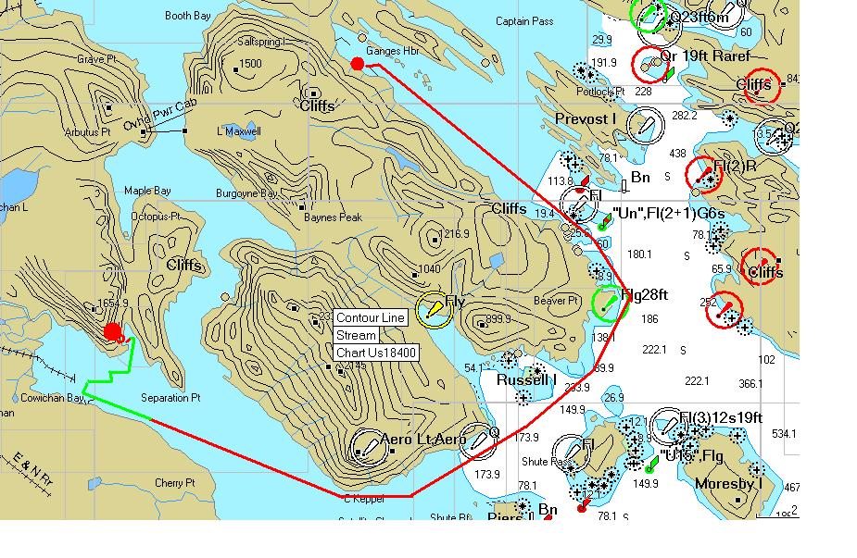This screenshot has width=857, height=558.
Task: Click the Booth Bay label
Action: pyautogui.click(x=189, y=16)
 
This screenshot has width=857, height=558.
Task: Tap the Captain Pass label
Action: pyautogui.click(x=524, y=21)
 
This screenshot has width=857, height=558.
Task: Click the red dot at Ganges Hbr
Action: pyautogui.click(x=358, y=63)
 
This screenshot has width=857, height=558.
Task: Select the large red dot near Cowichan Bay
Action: pyautogui.click(x=113, y=331)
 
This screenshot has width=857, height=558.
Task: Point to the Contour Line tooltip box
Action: pyautogui.click(x=371, y=318)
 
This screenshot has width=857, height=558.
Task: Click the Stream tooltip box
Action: pyautogui.click(x=357, y=336)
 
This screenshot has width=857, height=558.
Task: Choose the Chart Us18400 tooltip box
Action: pyautogui.click(x=376, y=353)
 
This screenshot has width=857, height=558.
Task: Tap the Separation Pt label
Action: pyautogui.click(x=170, y=398)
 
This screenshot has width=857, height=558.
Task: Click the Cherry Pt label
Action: pyautogui.click(x=174, y=483)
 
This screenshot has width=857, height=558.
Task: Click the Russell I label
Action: pyautogui.click(x=525, y=380)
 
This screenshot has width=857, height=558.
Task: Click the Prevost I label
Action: pyautogui.click(x=586, y=119)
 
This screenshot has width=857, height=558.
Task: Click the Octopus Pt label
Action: pyautogui.click(x=154, y=216)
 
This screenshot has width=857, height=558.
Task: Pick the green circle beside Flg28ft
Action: pyautogui.click(x=608, y=302)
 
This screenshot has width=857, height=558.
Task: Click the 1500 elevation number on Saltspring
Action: pyautogui.click(x=250, y=64)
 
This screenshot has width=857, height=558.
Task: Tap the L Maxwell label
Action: pyautogui.click(x=239, y=131)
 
